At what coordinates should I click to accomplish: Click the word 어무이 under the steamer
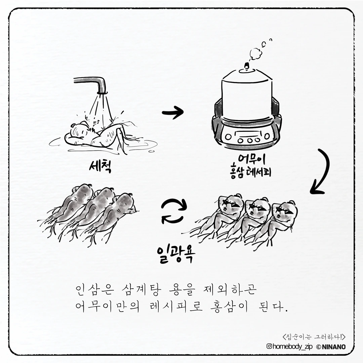point(252,160)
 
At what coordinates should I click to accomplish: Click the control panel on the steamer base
point(247,138)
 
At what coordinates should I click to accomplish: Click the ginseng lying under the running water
point(97,136)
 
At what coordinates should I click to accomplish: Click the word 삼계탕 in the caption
point(141,290)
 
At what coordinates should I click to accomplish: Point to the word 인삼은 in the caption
point(94,290)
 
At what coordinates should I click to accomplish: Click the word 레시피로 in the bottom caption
point(175,307)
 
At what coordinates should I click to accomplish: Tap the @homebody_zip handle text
point(289,346)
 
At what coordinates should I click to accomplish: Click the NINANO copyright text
point(331,347)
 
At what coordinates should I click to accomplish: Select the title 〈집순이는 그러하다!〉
point(314,336)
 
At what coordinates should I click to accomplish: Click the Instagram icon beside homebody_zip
point(269,346)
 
